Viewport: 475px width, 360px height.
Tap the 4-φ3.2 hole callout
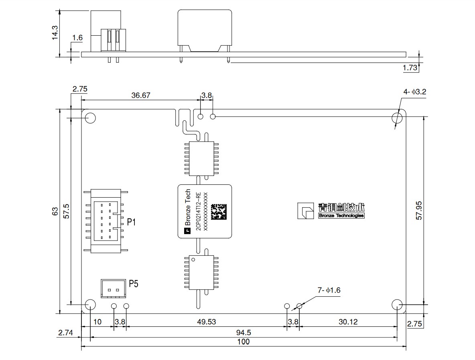(414, 92)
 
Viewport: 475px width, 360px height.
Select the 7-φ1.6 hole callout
(329, 290)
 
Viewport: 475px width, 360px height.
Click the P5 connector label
(134, 284)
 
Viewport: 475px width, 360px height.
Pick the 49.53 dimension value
(207, 322)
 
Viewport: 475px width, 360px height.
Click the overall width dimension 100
(244, 342)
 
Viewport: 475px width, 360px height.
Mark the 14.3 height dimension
(55, 33)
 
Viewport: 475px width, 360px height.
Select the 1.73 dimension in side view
(410, 68)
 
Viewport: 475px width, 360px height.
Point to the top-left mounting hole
(90, 118)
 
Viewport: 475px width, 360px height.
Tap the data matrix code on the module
(219, 211)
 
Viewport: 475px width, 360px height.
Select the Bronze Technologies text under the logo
(341, 216)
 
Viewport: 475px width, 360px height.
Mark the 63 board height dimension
(55, 211)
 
